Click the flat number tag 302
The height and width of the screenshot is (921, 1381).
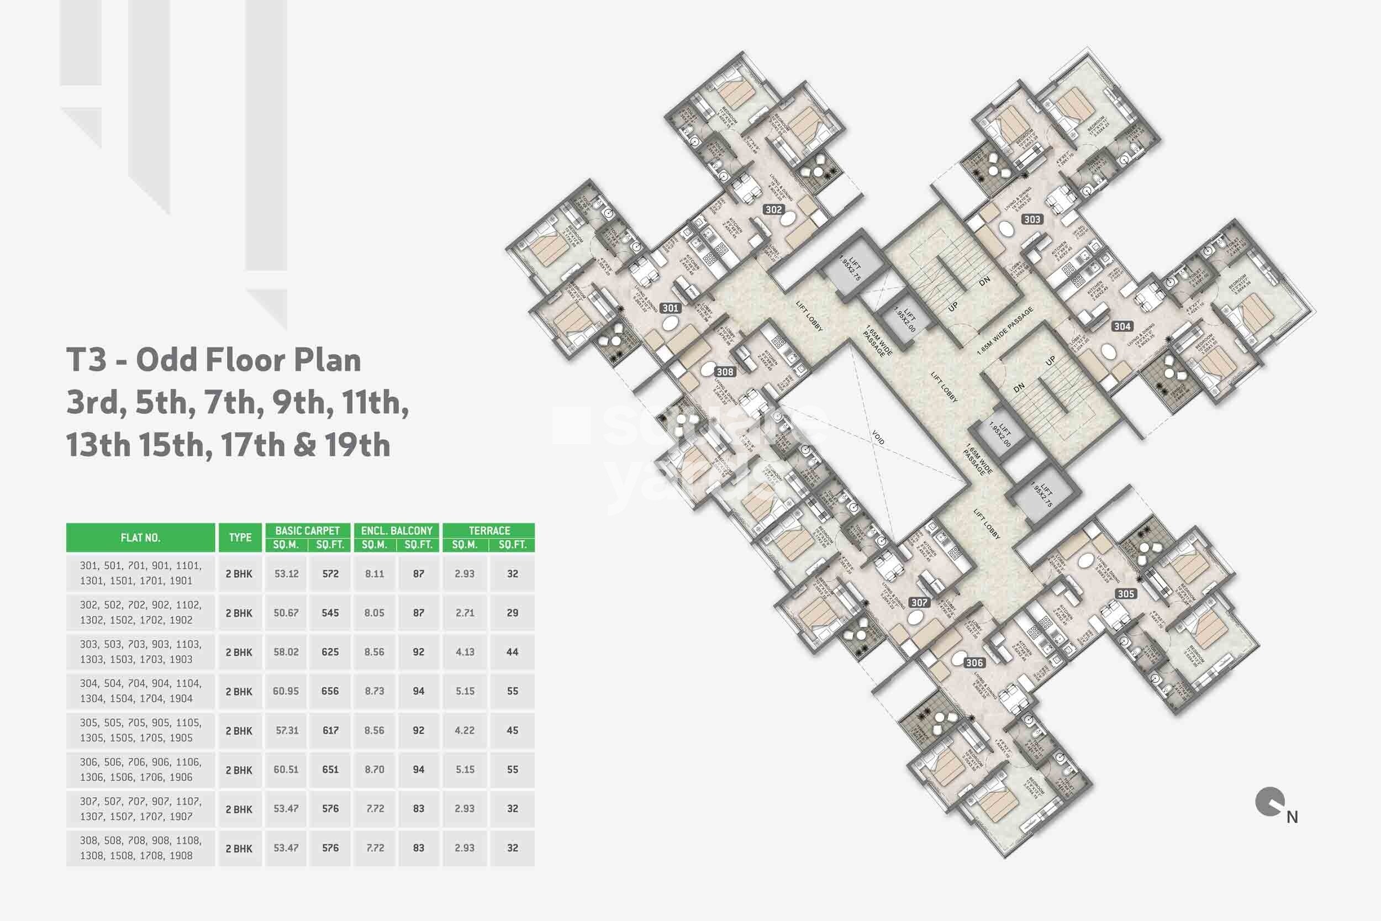[773, 210]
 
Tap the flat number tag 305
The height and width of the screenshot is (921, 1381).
[1126, 594]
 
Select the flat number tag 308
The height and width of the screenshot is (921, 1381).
[725, 372]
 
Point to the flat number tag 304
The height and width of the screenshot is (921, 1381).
[1122, 327]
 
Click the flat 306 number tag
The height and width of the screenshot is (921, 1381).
[974, 662]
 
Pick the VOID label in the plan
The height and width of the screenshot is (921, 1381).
[878, 438]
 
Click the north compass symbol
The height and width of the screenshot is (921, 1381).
[1268, 803]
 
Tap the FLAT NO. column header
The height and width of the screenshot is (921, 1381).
[140, 538]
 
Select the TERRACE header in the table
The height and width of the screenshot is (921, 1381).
[489, 530]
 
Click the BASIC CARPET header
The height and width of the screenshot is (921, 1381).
[308, 530]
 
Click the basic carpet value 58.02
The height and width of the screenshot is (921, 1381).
[286, 652]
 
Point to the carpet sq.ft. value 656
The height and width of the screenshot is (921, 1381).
[330, 691]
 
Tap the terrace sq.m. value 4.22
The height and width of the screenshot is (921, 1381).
[465, 731]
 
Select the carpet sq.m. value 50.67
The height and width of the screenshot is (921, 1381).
[286, 613]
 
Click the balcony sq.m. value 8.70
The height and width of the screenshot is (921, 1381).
[375, 770]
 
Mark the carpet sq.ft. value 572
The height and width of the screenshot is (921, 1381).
[330, 573]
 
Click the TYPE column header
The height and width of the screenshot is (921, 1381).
[240, 538]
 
